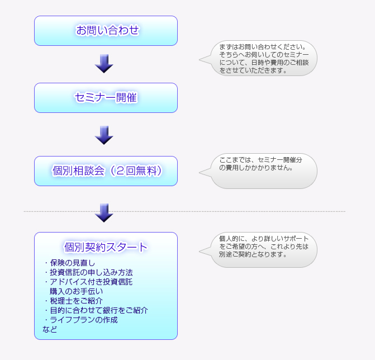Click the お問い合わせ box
coord(106,31)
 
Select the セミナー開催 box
coord(106,98)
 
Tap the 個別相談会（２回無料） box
coord(106,171)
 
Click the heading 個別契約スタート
coord(106,247)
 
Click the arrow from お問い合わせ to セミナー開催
coord(104,64)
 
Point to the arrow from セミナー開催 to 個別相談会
coord(104,135)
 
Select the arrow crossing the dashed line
coord(104,212)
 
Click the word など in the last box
coord(50,329)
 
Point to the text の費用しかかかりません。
coord(256,167)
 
